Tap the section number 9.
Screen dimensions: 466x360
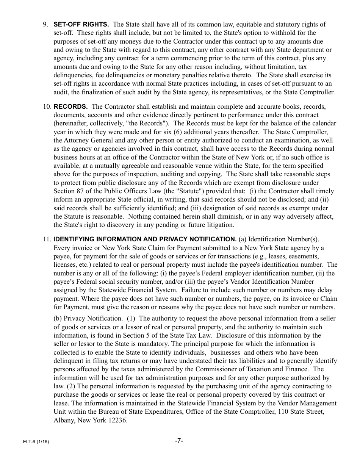tap(45, 25)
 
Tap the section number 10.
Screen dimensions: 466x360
tap(47, 107)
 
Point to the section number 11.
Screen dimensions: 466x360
tap(47, 239)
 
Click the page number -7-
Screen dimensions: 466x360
tap(179, 441)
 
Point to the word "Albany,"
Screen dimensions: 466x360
tap(64, 421)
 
